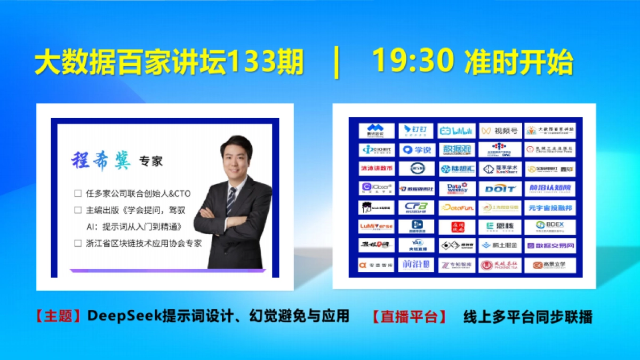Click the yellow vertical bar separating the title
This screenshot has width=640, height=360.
(x=337, y=63)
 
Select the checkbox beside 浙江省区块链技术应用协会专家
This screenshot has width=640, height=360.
(x=78, y=243)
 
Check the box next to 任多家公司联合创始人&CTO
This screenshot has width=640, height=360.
(x=78, y=194)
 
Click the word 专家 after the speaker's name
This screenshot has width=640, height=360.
(x=151, y=161)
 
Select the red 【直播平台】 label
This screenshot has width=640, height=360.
(x=410, y=317)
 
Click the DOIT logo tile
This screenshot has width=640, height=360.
(x=499, y=188)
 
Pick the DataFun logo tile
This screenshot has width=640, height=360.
(x=457, y=208)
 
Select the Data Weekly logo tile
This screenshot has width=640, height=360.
(x=457, y=188)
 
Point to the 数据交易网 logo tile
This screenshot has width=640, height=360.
(x=550, y=246)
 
